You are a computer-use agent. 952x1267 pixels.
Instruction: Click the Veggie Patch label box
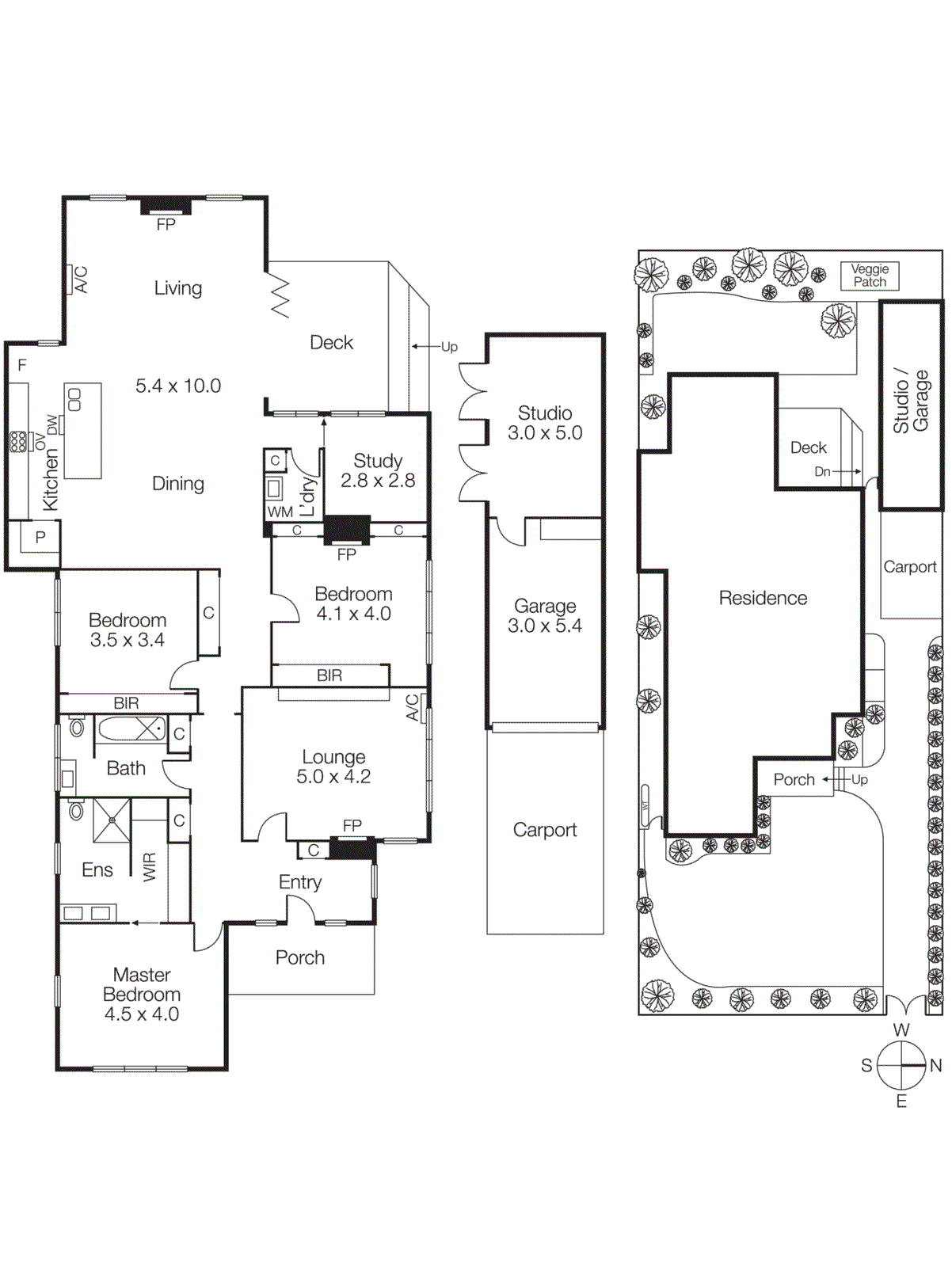[870, 276]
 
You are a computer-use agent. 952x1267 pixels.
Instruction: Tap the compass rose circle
[901, 1065]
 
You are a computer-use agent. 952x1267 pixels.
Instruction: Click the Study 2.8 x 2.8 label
[378, 470]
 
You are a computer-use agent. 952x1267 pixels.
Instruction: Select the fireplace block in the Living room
[166, 207]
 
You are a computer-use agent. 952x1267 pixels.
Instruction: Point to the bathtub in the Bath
[131, 729]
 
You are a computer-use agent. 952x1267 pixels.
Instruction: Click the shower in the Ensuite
[112, 821]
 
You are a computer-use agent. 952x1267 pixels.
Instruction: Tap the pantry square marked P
[40, 537]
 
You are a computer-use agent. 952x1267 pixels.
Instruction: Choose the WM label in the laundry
[280, 512]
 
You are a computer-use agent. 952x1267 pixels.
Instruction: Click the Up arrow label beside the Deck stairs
[448, 347]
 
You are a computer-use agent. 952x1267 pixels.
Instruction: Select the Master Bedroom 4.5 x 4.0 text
[142, 994]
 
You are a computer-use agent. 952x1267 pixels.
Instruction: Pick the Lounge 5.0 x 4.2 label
[333, 767]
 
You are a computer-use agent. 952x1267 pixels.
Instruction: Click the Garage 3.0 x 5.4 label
[545, 615]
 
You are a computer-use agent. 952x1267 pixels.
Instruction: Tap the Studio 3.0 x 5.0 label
[545, 423]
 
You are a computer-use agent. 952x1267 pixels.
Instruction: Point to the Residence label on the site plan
[763, 598]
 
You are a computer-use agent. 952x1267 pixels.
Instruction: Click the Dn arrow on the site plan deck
[824, 471]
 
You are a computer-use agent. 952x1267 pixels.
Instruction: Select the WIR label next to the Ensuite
[150, 866]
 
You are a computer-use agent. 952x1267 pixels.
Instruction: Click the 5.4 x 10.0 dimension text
[178, 386]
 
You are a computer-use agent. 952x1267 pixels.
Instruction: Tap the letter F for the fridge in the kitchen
[22, 365]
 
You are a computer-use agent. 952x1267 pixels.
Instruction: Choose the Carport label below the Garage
[545, 829]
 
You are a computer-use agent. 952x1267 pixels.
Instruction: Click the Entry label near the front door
[300, 882]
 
